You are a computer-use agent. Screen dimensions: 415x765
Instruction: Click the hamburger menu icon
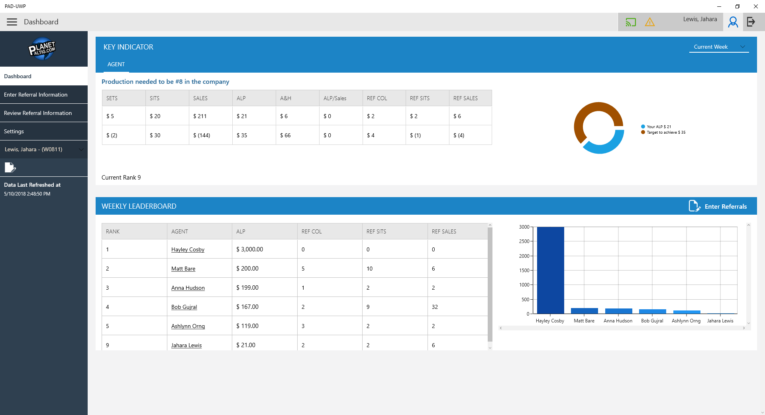pyautogui.click(x=12, y=22)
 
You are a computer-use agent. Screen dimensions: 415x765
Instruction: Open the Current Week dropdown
pyautogui.click(x=719, y=47)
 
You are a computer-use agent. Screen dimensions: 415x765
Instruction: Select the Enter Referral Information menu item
pyautogui.click(x=36, y=95)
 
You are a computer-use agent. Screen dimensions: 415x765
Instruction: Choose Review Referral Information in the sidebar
pyautogui.click(x=38, y=113)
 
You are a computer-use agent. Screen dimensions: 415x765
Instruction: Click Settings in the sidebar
pyautogui.click(x=14, y=131)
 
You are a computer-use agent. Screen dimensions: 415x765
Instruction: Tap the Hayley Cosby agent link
pyautogui.click(x=188, y=249)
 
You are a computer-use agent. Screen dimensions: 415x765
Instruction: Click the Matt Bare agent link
pyautogui.click(x=183, y=269)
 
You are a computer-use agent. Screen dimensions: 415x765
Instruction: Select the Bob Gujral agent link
pyautogui.click(x=184, y=307)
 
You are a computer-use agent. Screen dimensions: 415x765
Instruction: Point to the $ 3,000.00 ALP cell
pyautogui.click(x=250, y=249)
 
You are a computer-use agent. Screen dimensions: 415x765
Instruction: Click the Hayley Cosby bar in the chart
pyautogui.click(x=550, y=270)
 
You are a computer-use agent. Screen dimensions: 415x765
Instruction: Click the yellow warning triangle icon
pyautogui.click(x=650, y=22)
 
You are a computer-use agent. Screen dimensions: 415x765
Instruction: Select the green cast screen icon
pyautogui.click(x=631, y=22)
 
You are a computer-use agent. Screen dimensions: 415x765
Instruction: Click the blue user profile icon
pyautogui.click(x=733, y=22)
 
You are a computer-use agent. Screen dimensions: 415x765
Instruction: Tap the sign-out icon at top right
pyautogui.click(x=751, y=22)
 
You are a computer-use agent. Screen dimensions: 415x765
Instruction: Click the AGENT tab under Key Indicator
pyautogui.click(x=116, y=64)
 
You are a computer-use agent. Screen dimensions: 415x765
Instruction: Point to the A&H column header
pyautogui.click(x=286, y=98)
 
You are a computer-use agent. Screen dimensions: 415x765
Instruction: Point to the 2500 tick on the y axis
pyautogui.click(x=524, y=241)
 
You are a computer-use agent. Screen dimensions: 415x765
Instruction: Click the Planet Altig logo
pyautogui.click(x=42, y=49)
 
